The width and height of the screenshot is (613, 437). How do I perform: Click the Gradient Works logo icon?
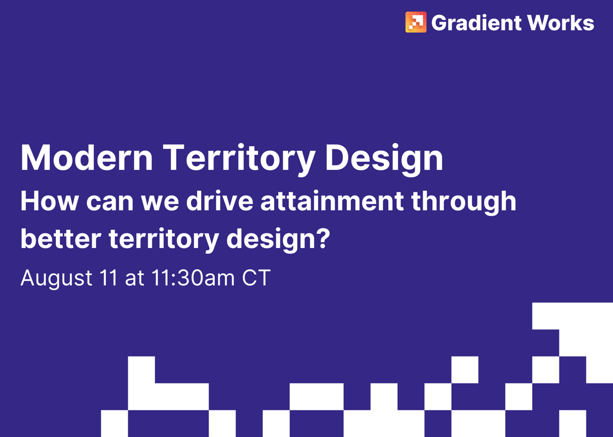[x=416, y=22]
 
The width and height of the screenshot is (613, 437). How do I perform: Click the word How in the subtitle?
[x=49, y=201]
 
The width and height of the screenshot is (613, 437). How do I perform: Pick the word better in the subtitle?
[x=61, y=239]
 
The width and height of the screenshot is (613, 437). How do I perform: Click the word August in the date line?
[x=56, y=278]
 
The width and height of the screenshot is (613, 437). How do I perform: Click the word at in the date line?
[x=134, y=278]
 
